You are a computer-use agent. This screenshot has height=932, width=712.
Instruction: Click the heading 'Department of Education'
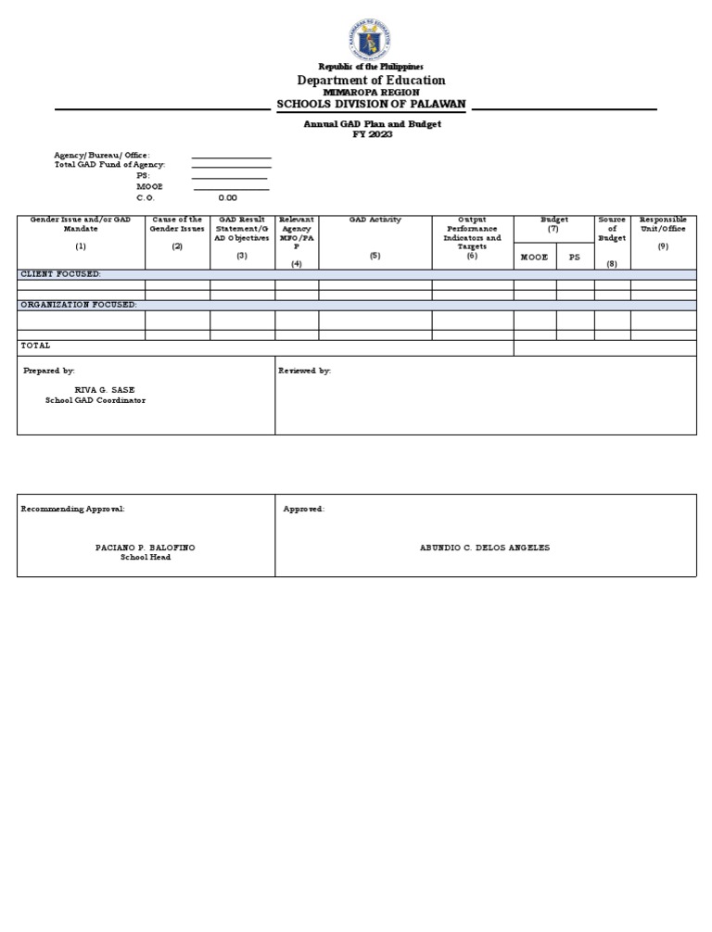point(371,81)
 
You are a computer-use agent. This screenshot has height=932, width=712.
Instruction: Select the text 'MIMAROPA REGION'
point(371,93)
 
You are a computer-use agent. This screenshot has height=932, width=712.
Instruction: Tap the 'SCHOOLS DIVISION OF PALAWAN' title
point(371,104)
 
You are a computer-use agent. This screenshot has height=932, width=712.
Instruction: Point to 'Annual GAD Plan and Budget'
point(373,123)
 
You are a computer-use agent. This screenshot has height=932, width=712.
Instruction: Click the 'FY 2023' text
point(373,134)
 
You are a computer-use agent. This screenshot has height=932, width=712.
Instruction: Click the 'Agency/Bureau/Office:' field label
point(102,155)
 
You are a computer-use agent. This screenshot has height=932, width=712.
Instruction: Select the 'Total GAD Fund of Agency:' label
point(109,164)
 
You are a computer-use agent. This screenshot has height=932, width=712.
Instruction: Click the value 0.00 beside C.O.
point(227,197)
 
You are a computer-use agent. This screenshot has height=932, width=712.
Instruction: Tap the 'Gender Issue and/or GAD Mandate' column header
point(81,224)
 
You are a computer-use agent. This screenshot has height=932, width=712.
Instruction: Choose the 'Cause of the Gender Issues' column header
point(177,224)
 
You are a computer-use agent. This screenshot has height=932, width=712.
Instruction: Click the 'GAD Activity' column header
point(375,220)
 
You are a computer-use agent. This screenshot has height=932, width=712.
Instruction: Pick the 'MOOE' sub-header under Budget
point(534,257)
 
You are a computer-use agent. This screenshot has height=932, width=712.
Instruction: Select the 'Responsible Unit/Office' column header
point(663,224)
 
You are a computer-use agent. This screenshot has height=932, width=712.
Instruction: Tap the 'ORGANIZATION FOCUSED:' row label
point(79,304)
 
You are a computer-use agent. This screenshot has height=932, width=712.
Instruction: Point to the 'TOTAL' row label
point(36,346)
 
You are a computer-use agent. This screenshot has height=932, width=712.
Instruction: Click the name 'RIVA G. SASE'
point(110,390)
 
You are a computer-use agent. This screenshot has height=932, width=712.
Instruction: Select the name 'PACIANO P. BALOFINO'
point(146,548)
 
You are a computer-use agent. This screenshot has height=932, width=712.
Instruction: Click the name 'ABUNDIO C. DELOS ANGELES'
point(485,548)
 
